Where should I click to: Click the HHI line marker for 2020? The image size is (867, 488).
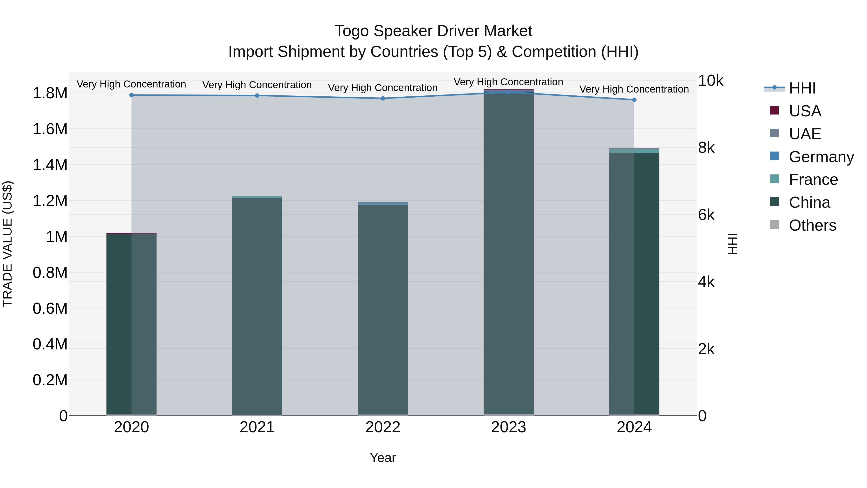click(131, 95)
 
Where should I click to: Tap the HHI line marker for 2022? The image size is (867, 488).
click(383, 98)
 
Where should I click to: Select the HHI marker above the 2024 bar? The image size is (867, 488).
click(634, 100)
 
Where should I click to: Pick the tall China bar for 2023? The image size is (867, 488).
click(509, 253)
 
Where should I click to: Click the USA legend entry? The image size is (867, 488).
click(804, 111)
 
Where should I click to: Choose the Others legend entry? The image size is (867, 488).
click(812, 225)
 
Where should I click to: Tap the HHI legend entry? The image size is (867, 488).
click(802, 88)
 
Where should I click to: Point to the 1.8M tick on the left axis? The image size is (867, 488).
click(50, 93)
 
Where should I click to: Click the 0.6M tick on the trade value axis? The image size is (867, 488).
click(50, 308)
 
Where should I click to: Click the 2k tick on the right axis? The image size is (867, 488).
click(706, 349)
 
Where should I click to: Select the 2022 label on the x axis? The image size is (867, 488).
click(383, 427)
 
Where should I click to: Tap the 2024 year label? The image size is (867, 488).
click(634, 427)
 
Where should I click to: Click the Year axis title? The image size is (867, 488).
click(383, 458)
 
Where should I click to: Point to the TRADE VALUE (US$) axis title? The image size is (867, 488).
click(7, 244)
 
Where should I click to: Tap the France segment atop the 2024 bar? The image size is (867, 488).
click(634, 151)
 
